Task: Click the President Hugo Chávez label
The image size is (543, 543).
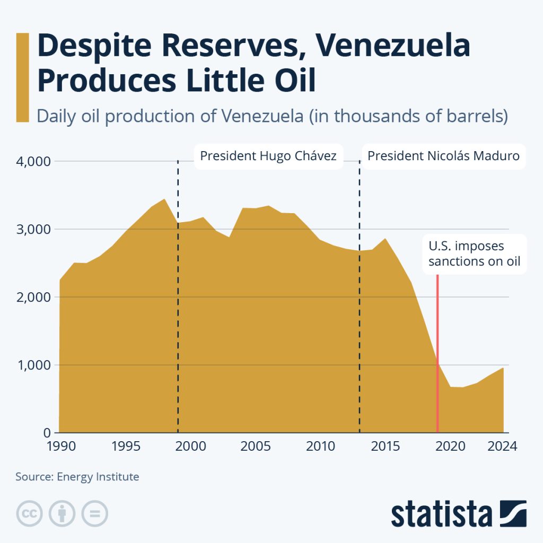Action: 268,156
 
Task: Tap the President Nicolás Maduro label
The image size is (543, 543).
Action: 443,156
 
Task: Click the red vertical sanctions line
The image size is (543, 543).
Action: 437,345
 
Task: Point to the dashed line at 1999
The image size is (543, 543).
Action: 178,318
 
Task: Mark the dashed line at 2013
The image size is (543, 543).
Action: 360,318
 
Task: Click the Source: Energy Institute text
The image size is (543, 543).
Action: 77,477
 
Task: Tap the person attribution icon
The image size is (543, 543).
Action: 62,513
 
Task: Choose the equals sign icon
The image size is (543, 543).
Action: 95,513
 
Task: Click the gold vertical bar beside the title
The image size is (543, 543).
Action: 22,77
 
